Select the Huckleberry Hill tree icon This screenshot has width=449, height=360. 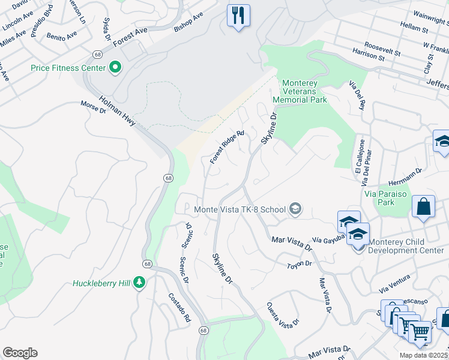coord(139,283)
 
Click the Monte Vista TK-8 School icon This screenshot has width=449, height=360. coord(295,209)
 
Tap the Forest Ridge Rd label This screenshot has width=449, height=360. coord(227,148)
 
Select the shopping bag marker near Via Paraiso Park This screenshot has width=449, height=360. coord(423,206)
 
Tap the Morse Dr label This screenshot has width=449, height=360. coord(93,107)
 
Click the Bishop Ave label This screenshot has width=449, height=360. coord(188,21)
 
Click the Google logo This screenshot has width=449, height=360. coord(20,353)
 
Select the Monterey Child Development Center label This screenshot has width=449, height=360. coord(406,246)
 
